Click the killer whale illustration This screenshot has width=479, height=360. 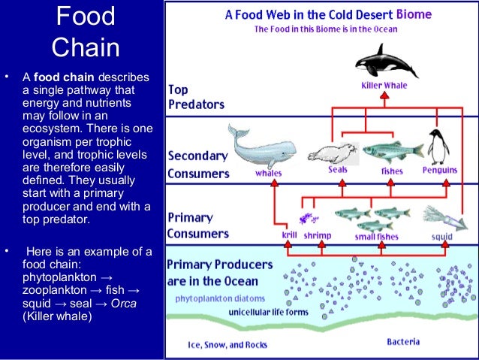pyautogui.click(x=382, y=59)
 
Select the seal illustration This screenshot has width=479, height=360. pyautogui.click(x=331, y=153)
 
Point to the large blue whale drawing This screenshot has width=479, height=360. pyautogui.click(x=258, y=147)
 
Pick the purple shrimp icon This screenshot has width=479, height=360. pyautogui.click(x=306, y=219)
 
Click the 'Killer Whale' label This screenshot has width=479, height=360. pyautogui.click(x=384, y=86)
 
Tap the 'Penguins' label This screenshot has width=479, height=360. pyautogui.click(x=439, y=171)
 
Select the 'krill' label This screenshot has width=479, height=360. pyautogui.click(x=289, y=235)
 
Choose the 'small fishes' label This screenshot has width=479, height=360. pyautogui.click(x=375, y=236)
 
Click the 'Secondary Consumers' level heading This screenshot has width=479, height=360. pyautogui.click(x=197, y=165)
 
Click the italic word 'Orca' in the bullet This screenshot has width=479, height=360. pyautogui.click(x=123, y=303)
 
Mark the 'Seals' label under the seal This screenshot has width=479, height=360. pyautogui.click(x=337, y=170)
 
